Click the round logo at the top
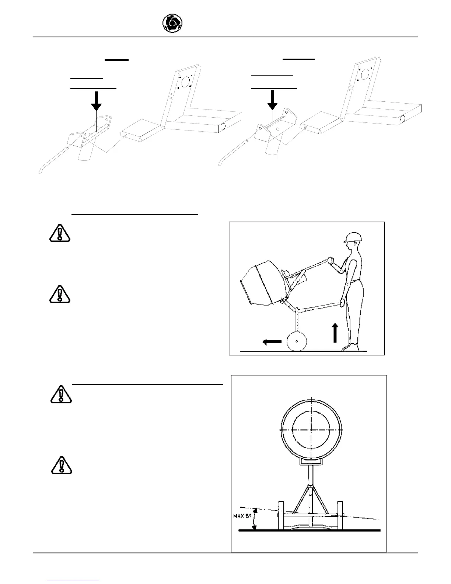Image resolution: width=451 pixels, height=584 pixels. click(x=172, y=24)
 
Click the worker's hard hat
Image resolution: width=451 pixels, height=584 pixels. click(x=351, y=237)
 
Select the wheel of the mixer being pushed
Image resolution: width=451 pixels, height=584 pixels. click(x=297, y=342)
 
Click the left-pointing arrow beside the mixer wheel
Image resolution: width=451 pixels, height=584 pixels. click(x=272, y=342)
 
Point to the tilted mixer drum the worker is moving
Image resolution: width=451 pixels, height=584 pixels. click(x=260, y=284)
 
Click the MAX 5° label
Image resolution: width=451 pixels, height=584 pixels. click(x=242, y=516)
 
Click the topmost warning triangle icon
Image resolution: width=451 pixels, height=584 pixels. click(x=59, y=233)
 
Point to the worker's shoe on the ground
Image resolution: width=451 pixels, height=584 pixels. click(x=352, y=347)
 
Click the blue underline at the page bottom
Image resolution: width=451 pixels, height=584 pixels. click(x=73, y=581)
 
